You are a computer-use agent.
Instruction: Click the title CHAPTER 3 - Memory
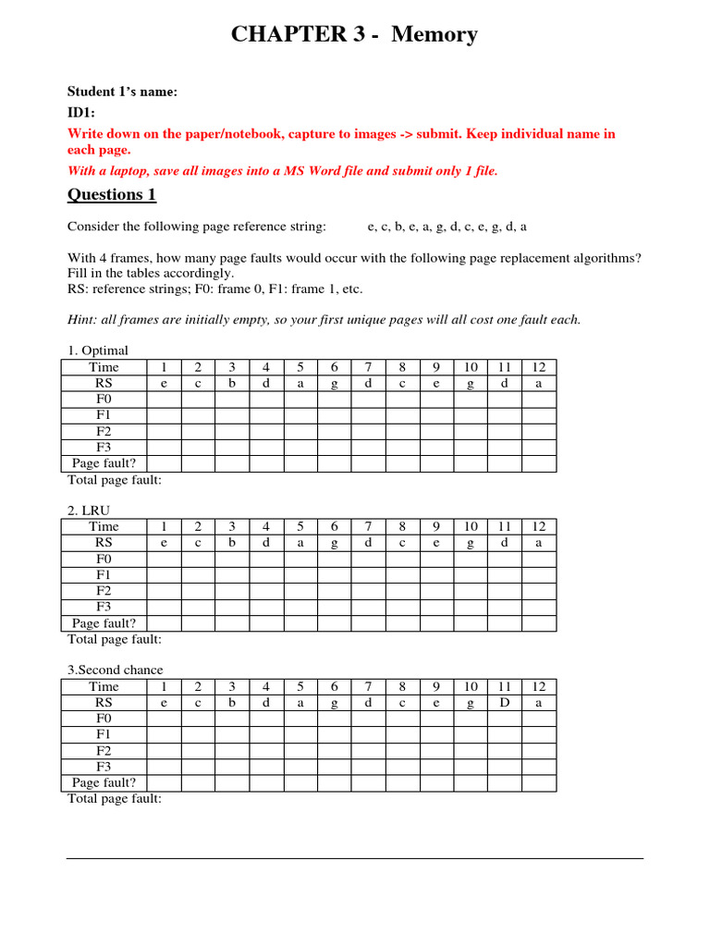tap(354, 35)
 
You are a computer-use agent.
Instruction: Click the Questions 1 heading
tap(112, 195)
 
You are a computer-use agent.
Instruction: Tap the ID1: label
tap(82, 112)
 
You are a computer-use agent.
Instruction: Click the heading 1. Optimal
tap(97, 351)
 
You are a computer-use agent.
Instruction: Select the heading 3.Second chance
tap(115, 670)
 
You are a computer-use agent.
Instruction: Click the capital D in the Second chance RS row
tap(504, 703)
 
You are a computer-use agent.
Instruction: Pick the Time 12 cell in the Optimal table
tap(539, 367)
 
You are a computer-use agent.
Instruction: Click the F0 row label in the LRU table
tap(104, 560)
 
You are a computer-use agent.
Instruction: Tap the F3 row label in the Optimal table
tap(104, 448)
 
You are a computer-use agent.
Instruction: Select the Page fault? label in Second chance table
tap(104, 782)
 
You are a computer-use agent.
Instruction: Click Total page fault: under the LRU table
tap(115, 639)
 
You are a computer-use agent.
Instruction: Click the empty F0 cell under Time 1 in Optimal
tap(164, 400)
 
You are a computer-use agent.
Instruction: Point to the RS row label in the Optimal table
tap(104, 383)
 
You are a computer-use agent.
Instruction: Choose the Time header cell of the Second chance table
tap(104, 686)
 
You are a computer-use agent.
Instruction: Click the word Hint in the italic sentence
tap(81, 320)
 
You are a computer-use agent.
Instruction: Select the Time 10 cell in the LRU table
tap(471, 527)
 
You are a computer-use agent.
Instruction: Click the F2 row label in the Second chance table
tap(104, 750)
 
